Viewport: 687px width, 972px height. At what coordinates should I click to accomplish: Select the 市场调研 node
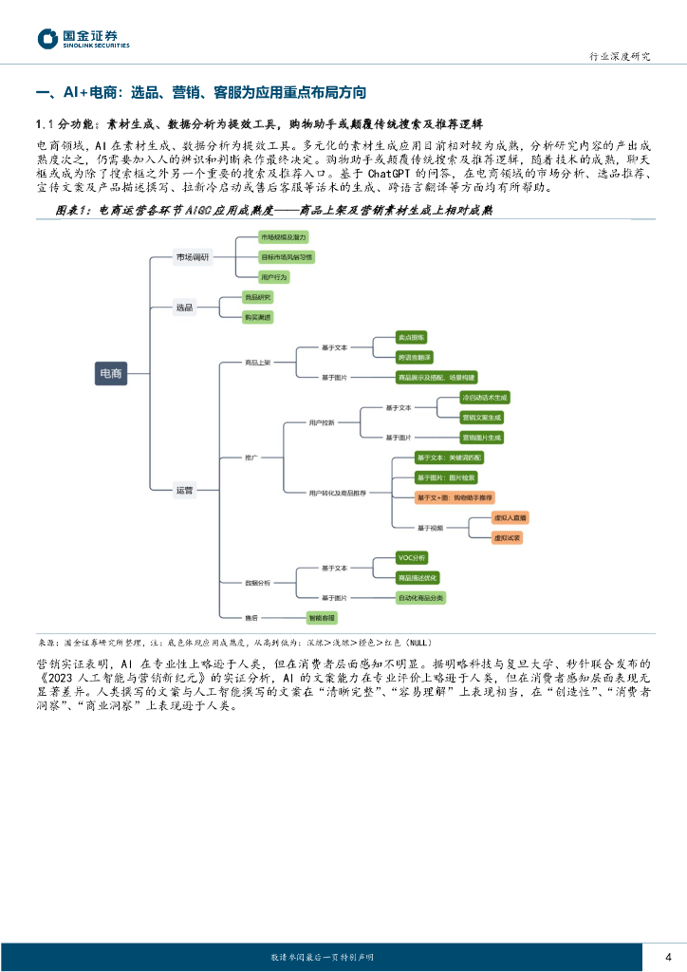click(193, 257)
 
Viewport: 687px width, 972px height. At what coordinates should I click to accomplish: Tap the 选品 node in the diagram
click(184, 307)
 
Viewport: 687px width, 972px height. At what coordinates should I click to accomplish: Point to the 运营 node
click(184, 490)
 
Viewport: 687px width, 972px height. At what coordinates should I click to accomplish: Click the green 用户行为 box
click(274, 276)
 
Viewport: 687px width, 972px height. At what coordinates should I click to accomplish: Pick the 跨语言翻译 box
click(415, 356)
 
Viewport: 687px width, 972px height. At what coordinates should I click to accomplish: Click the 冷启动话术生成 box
click(484, 397)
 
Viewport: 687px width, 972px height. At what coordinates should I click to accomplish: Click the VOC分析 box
click(412, 557)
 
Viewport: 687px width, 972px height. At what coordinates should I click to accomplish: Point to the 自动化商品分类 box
click(421, 597)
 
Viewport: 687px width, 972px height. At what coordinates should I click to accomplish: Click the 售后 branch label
click(251, 617)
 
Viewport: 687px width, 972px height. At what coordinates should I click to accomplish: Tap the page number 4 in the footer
click(669, 956)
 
